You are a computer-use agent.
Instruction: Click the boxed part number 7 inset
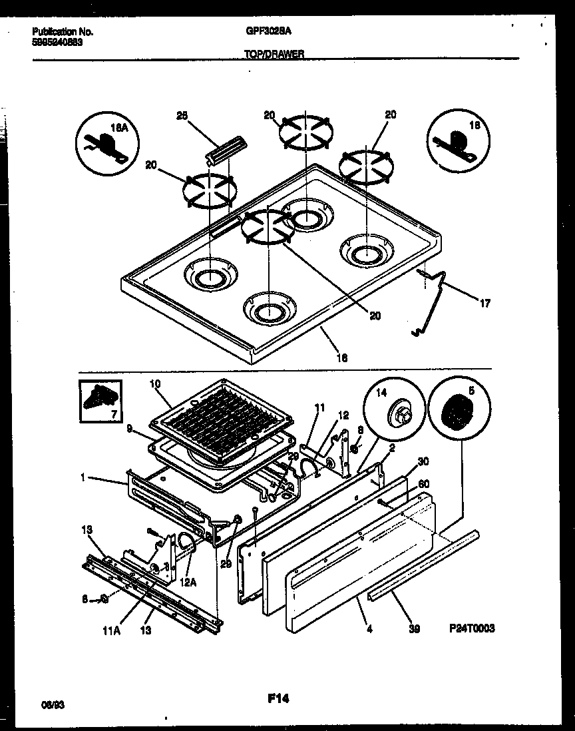100,401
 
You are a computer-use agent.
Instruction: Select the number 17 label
484,304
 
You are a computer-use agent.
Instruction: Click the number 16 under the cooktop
343,358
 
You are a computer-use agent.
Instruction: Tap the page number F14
278,698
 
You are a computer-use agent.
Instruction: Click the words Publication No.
63,31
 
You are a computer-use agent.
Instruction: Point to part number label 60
423,485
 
